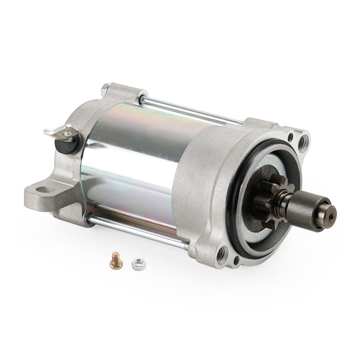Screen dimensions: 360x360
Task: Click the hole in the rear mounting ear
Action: (45, 191)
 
